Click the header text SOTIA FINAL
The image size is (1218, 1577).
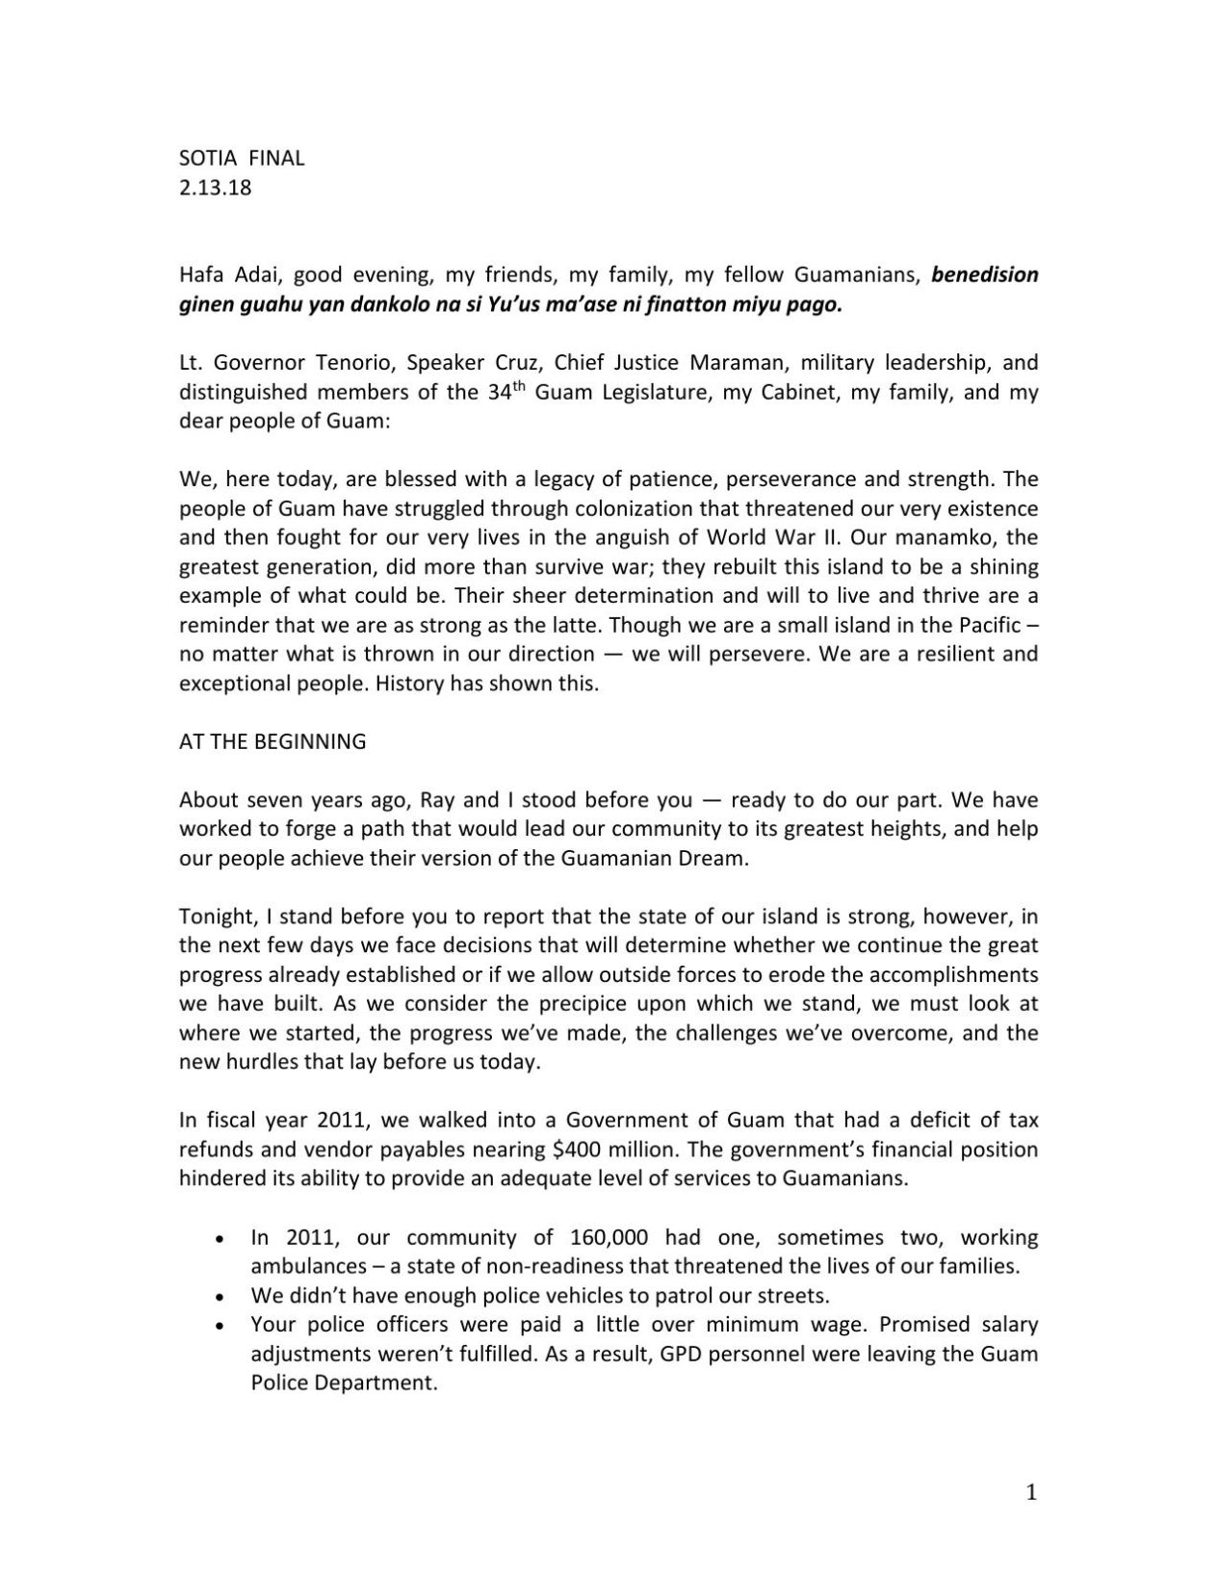[x=242, y=158]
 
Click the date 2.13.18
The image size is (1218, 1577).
[x=215, y=187]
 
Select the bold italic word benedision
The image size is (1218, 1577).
[x=985, y=274]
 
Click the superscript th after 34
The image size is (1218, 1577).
[x=518, y=387]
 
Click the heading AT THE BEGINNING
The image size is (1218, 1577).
[x=272, y=741]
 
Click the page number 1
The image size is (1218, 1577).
[x=1031, y=1493]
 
